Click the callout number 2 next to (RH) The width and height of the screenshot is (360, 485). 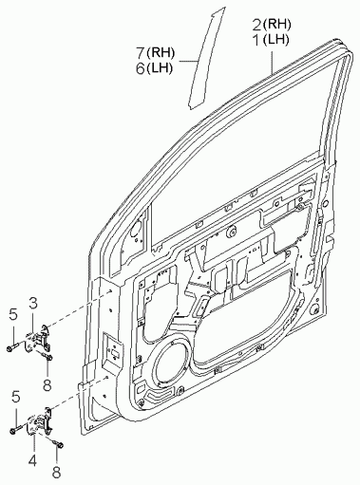point(256,25)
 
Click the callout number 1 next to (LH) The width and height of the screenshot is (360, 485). point(257,40)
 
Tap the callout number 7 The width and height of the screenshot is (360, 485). point(141,52)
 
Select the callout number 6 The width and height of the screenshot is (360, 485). point(141,67)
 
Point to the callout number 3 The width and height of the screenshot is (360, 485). point(33,303)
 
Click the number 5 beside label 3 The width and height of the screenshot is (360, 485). point(13,314)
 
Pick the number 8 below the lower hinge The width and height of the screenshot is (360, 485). point(56,472)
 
